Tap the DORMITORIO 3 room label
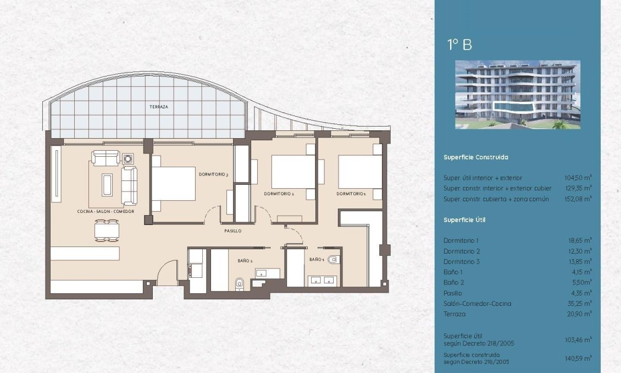213,174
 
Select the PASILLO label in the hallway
232,231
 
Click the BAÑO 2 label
245,260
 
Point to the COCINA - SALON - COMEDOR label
106,211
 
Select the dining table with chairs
107,230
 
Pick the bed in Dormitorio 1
359,172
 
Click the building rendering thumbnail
518,95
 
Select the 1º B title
459,45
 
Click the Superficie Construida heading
476,157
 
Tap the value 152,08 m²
578,199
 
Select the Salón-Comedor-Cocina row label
478,303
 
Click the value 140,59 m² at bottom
578,358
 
